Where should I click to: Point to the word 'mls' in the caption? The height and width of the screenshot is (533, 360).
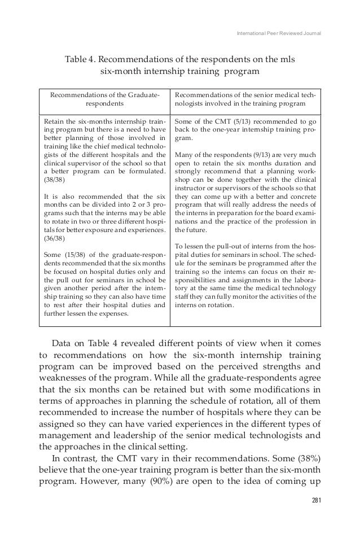point(287,59)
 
